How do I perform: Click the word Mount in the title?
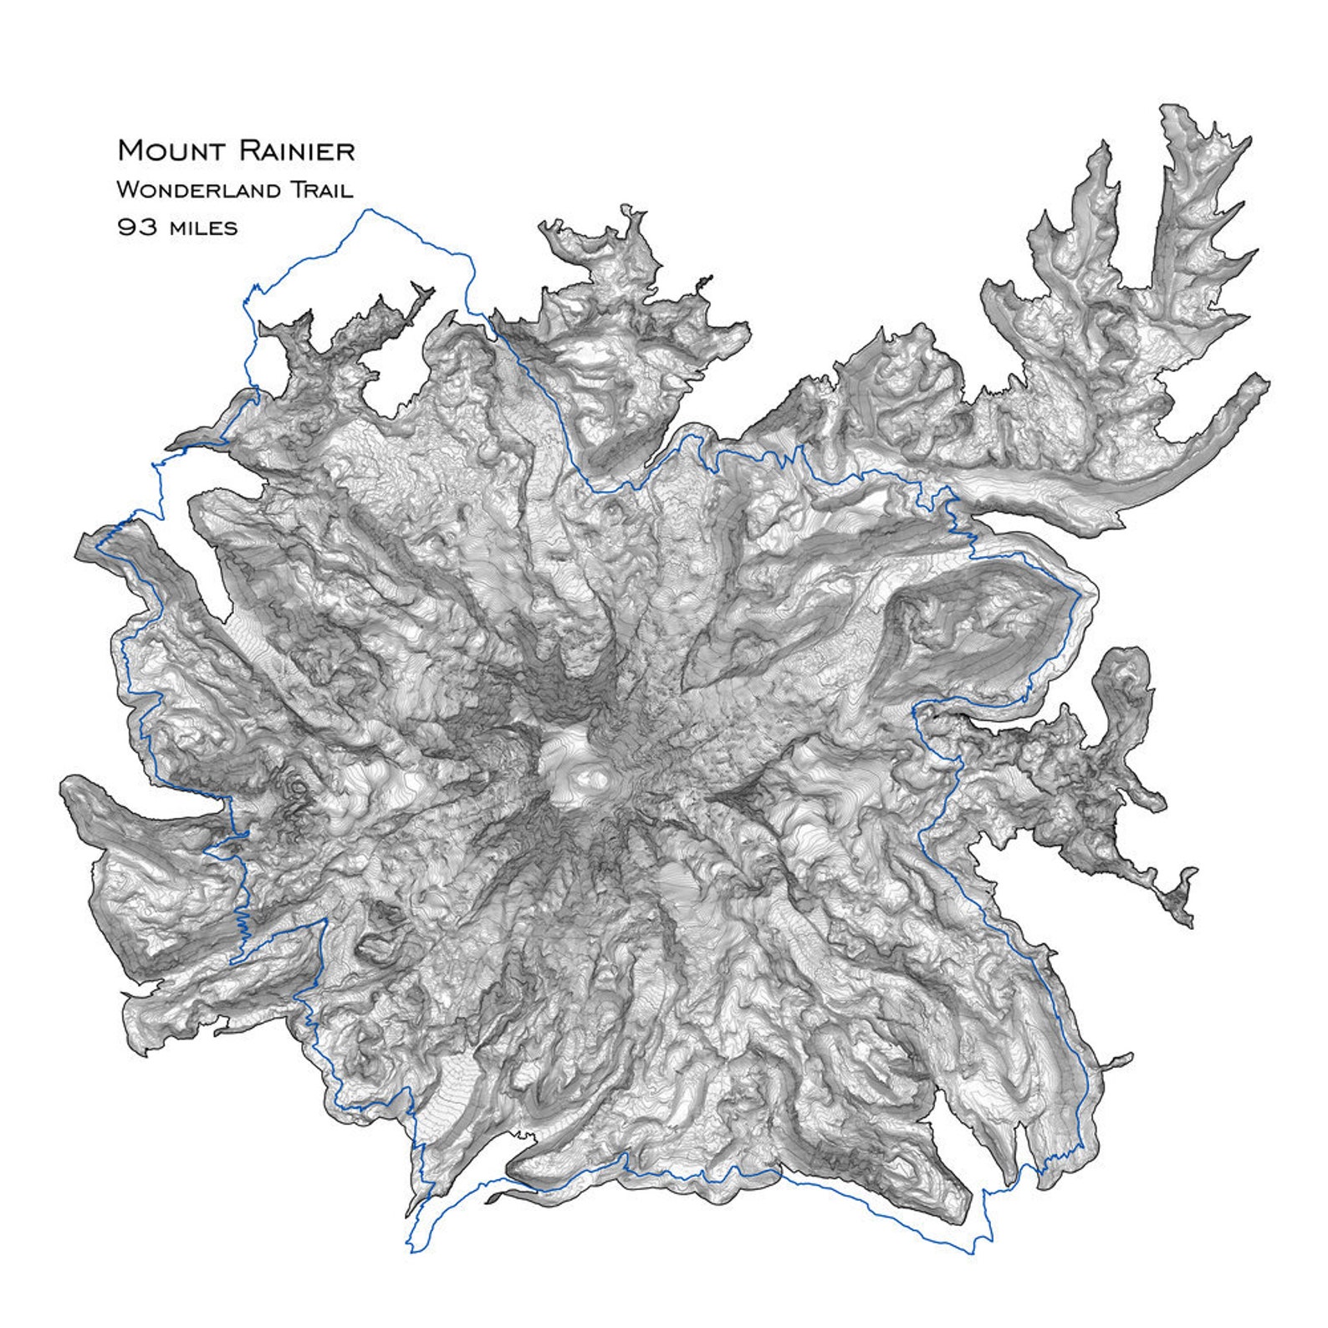click(x=172, y=151)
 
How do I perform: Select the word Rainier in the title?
click(x=297, y=151)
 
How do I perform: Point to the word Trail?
click(x=321, y=190)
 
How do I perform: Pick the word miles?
click(x=202, y=227)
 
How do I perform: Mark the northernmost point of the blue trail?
click(x=365, y=210)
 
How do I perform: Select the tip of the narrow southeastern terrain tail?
click(x=1191, y=927)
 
